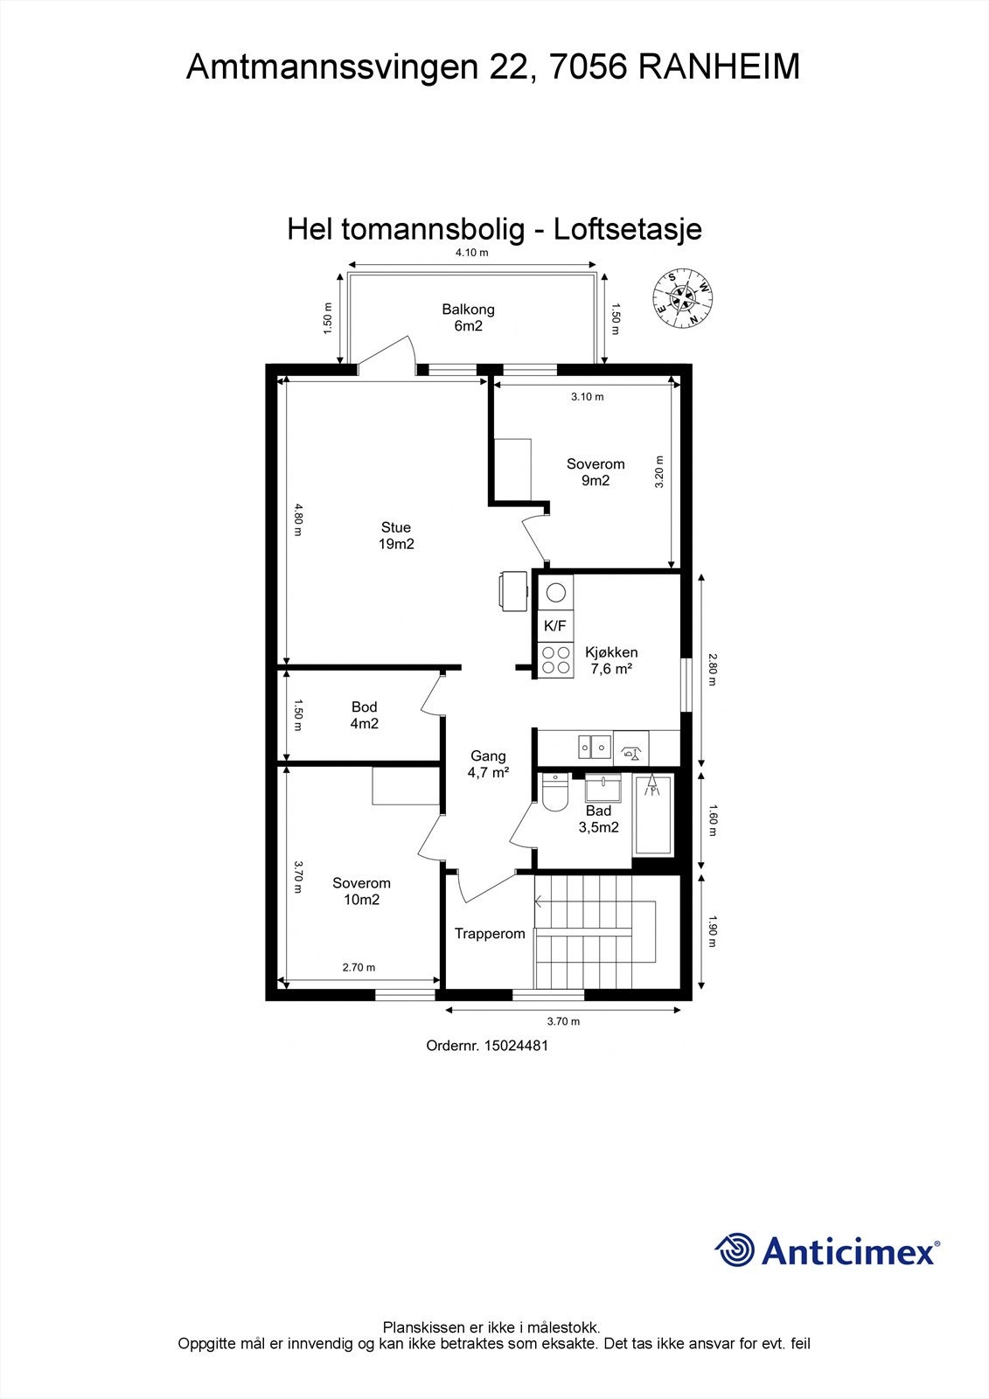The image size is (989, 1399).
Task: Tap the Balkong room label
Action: pyautogui.click(x=468, y=317)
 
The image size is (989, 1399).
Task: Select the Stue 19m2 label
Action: pyautogui.click(x=395, y=535)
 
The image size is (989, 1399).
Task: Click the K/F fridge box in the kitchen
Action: pyautogui.click(x=555, y=625)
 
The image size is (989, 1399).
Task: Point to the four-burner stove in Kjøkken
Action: pyautogui.click(x=555, y=659)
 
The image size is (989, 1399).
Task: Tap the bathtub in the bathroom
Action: pyautogui.click(x=652, y=815)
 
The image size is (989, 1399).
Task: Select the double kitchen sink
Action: pyautogui.click(x=594, y=747)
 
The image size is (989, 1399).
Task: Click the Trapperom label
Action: pyautogui.click(x=490, y=934)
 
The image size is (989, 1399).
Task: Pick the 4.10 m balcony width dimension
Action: pyautogui.click(x=471, y=253)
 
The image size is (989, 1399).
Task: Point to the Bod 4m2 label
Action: pyautogui.click(x=365, y=715)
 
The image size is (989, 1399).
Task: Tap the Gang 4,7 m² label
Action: pyautogui.click(x=488, y=764)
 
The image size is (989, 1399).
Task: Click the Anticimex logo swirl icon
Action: pyautogui.click(x=735, y=1249)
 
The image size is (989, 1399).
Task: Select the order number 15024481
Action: pyautogui.click(x=487, y=1045)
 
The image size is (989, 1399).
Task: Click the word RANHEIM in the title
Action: pyautogui.click(x=719, y=67)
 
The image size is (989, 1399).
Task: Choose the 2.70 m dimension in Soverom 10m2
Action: pyautogui.click(x=358, y=967)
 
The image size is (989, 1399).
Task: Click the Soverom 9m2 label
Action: pyautogui.click(x=595, y=472)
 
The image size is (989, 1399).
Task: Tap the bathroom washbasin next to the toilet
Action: pyautogui.click(x=602, y=790)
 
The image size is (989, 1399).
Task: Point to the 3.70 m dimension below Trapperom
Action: pyautogui.click(x=563, y=1020)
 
